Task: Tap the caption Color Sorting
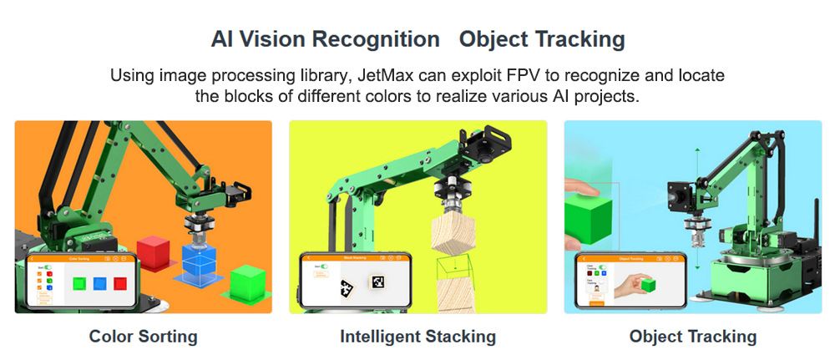[143, 337]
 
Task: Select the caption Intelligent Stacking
[417, 337]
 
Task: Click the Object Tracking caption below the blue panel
[693, 337]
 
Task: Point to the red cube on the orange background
[153, 251]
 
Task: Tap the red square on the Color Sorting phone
[120, 283]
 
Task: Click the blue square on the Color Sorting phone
[100, 283]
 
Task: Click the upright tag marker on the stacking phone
[377, 281]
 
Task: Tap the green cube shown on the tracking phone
[648, 286]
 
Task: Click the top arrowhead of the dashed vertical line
[696, 151]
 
